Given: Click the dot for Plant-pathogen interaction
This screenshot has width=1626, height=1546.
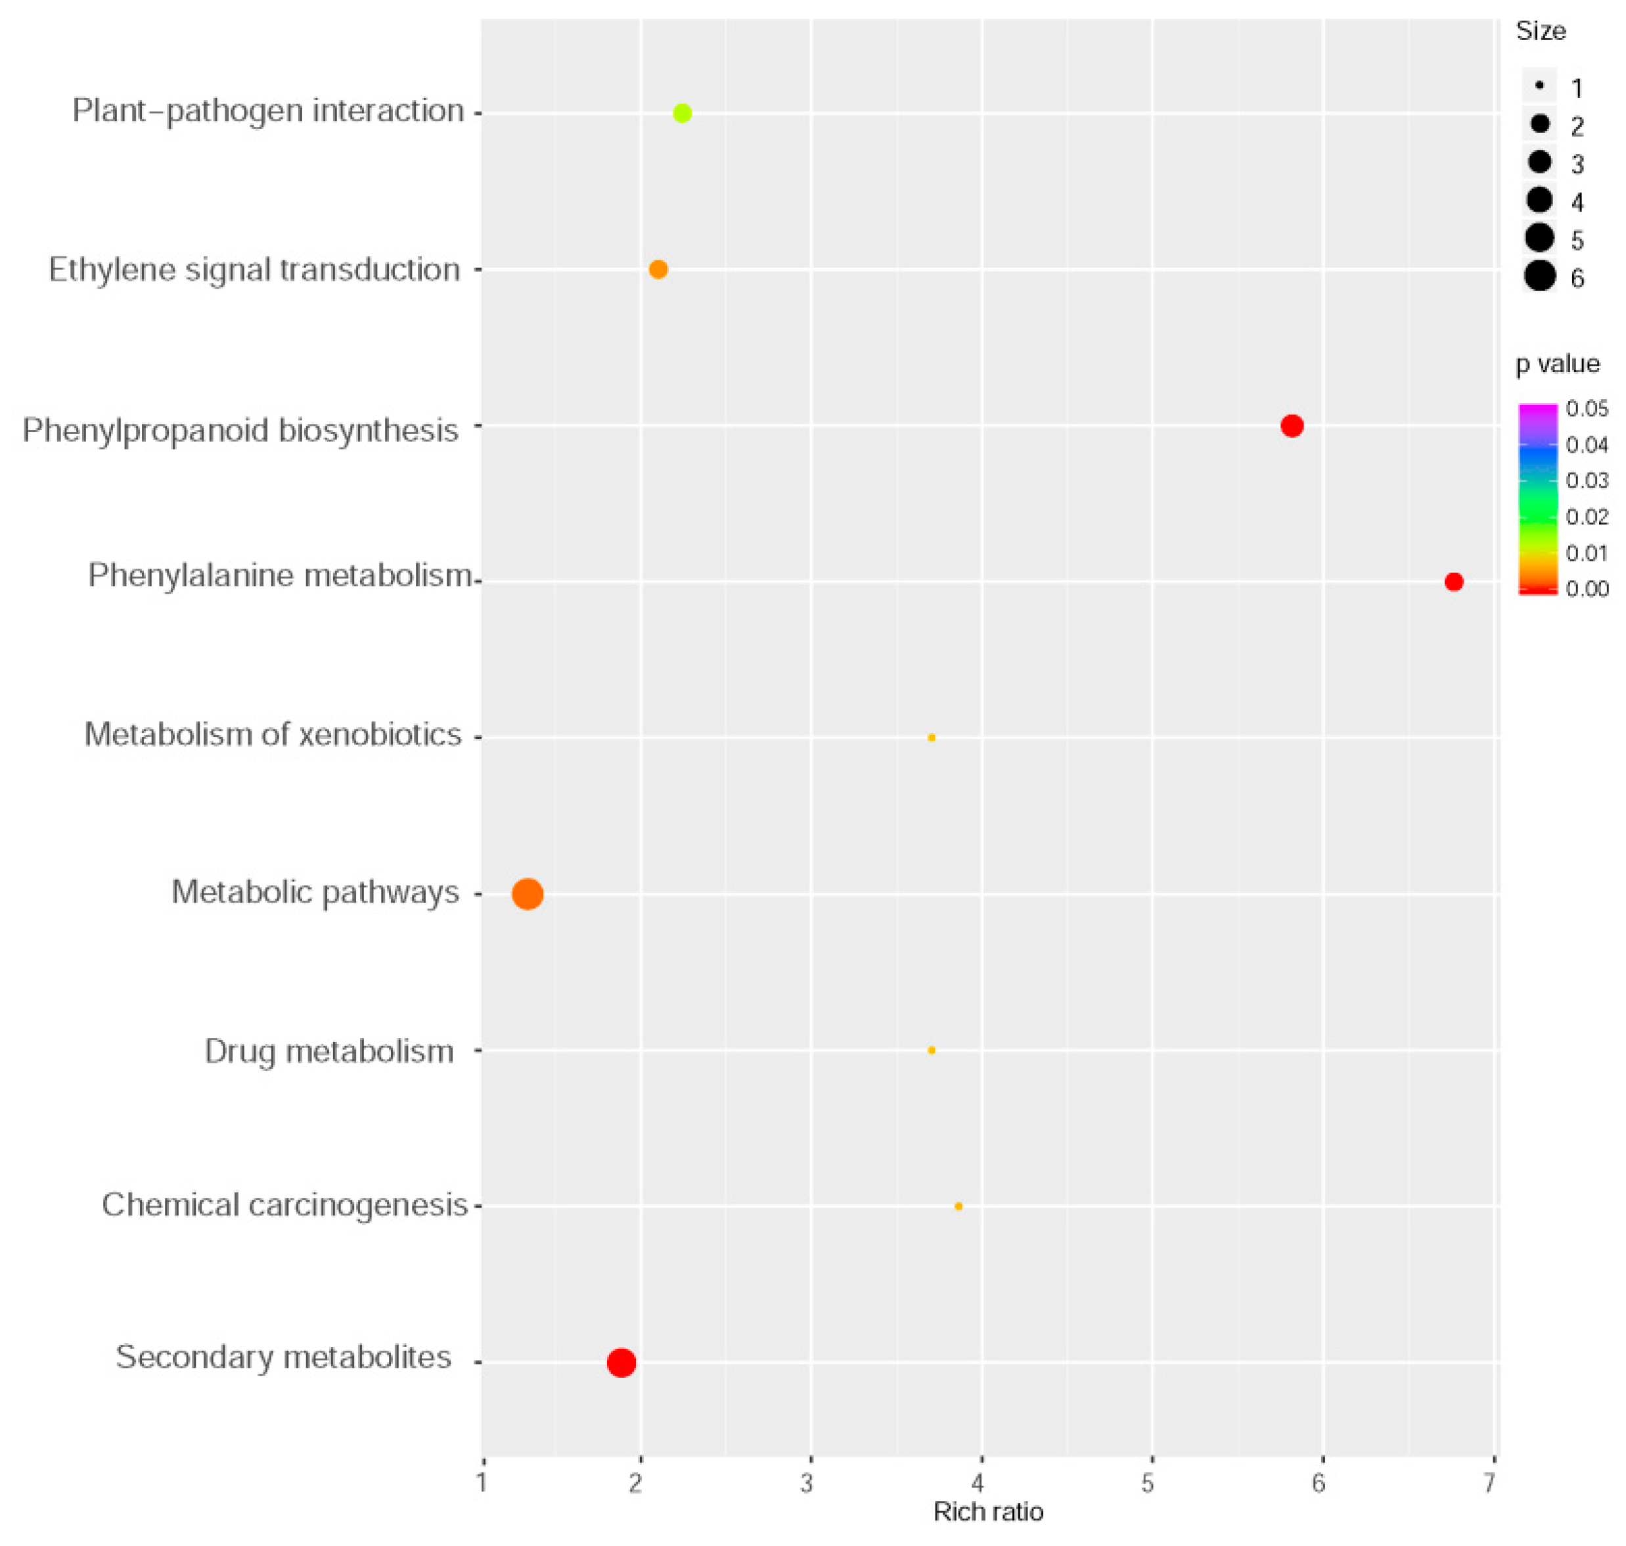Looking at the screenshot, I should coord(682,113).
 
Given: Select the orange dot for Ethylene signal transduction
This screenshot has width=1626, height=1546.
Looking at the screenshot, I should coord(658,269).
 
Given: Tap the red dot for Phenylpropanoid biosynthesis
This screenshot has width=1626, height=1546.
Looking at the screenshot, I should coord(1292,426).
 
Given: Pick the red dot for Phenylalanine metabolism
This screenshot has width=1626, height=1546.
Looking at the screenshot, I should coord(1454,582).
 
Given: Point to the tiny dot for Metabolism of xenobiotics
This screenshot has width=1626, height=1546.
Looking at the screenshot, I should coord(932,738).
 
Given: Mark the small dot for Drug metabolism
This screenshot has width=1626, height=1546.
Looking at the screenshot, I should coord(932,1050).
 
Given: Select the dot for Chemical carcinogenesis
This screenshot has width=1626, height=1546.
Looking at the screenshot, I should coord(958,1206).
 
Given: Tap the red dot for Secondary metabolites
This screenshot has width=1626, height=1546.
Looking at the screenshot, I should coord(621,1362).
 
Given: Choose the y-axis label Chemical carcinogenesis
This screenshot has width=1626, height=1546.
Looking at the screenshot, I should coord(284,1206).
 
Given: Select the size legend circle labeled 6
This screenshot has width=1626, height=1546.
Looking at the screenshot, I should coord(1539,275).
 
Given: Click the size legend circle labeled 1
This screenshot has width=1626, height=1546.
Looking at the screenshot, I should coord(1539,85).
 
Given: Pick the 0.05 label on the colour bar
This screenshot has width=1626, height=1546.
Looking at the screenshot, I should coord(1587,409).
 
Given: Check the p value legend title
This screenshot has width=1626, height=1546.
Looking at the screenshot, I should coord(1558,364).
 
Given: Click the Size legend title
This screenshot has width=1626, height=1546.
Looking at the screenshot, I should coord(1541,32).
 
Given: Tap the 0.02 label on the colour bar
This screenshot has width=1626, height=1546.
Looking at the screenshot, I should coord(1587,517).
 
